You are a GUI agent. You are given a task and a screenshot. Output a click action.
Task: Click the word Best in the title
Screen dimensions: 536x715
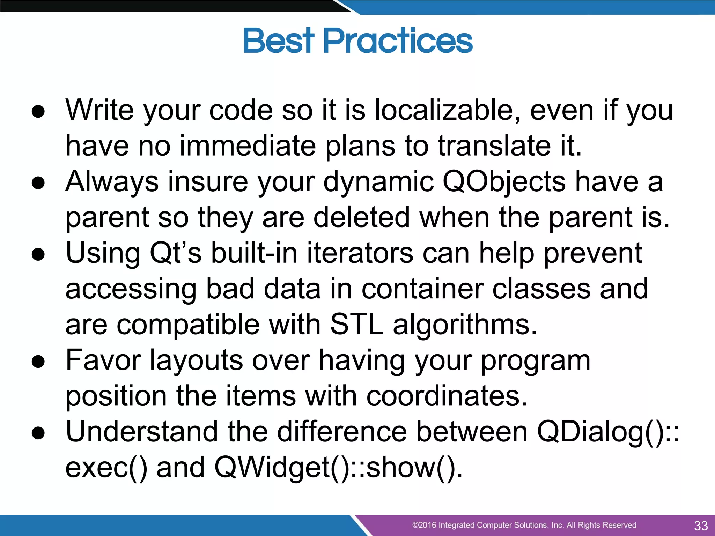click(278, 41)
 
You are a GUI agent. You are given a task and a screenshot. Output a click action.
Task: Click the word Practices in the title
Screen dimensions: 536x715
click(398, 41)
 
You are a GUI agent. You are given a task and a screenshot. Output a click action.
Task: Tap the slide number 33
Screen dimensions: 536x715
click(701, 526)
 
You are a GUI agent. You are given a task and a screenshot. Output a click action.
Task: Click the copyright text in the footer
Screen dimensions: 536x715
click(524, 525)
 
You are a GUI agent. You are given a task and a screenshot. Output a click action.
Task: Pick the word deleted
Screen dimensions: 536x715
click(361, 217)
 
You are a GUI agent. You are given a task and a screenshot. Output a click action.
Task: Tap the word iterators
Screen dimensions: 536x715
click(360, 253)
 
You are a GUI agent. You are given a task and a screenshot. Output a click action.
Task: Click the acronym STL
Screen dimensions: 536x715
click(356, 325)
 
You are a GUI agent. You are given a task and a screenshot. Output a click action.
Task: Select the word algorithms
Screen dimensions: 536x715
click(465, 325)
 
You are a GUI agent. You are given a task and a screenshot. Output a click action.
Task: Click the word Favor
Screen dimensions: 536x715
click(103, 360)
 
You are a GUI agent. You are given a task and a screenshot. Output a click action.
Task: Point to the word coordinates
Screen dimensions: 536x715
click(447, 396)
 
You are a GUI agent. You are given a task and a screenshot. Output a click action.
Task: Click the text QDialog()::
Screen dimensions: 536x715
click(607, 432)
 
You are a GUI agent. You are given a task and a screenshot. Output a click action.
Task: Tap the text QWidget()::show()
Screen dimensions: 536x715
click(338, 468)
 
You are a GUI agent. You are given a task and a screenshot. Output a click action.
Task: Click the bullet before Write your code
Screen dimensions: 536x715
click(38, 111)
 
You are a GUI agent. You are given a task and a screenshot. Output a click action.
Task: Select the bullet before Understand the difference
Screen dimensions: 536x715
click(38, 433)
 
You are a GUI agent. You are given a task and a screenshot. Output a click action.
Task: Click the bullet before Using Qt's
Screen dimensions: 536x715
click(38, 254)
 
